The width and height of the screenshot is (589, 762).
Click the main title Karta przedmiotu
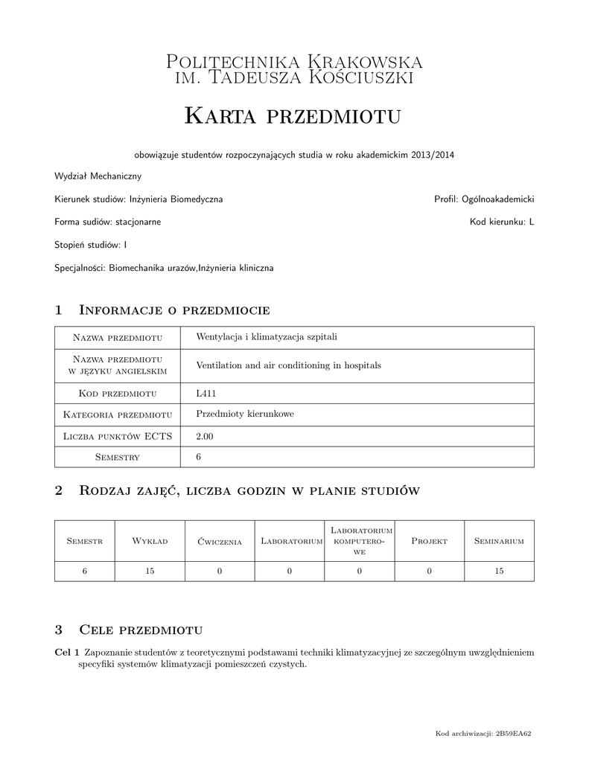[293, 115]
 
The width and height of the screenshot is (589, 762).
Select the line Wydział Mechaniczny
[98, 176]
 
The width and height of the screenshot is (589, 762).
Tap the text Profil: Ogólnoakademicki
[484, 199]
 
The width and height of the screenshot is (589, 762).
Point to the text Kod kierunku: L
[502, 222]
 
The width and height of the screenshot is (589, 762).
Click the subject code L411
[206, 393]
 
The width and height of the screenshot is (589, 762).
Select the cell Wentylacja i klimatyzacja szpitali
[267, 337]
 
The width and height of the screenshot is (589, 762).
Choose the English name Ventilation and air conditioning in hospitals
[288, 365]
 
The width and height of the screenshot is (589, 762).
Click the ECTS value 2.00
[205, 436]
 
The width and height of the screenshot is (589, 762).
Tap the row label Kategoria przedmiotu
[118, 414]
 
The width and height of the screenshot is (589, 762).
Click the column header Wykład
[150, 542]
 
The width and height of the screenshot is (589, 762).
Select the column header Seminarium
[499, 542]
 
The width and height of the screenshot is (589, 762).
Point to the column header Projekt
[429, 542]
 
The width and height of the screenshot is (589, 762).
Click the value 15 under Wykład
[150, 571]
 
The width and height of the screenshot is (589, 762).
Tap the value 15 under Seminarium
[499, 571]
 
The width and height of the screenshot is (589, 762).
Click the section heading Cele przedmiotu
[141, 630]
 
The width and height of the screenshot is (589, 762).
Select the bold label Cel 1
[67, 653]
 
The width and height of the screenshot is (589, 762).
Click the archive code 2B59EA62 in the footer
[514, 734]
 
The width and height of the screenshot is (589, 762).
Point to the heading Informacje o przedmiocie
[173, 310]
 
